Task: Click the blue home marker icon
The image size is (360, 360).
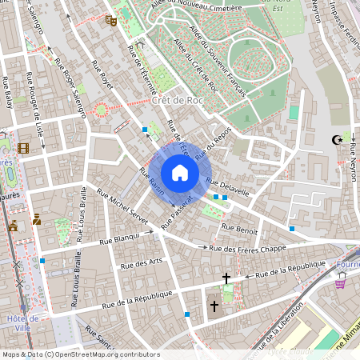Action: tap(180, 173)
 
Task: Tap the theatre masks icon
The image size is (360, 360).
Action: tap(111, 20)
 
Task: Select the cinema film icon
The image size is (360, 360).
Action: tap(23, 148)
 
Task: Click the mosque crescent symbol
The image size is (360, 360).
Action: tap(338, 140)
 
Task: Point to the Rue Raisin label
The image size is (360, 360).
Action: tap(151, 182)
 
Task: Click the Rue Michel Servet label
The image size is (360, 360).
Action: tap(122, 206)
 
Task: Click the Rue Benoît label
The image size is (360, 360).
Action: tap(241, 230)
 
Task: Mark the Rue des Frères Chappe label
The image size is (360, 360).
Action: tap(247, 249)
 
